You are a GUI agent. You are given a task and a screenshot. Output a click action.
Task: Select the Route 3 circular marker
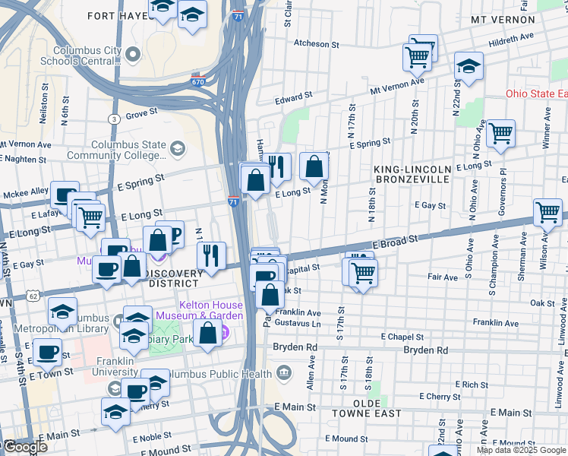[x=113, y=119]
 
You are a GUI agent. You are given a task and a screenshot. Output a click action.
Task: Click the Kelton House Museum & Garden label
[x=199, y=310]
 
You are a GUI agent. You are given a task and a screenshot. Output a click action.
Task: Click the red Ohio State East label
[x=536, y=94]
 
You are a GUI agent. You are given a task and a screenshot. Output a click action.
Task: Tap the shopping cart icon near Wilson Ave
[x=547, y=212]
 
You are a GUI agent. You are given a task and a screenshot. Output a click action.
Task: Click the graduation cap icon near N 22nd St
[x=469, y=66]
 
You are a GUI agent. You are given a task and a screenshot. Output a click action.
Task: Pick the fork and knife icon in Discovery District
[x=210, y=255]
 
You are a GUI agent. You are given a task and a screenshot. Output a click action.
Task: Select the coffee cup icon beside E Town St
[x=49, y=352]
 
